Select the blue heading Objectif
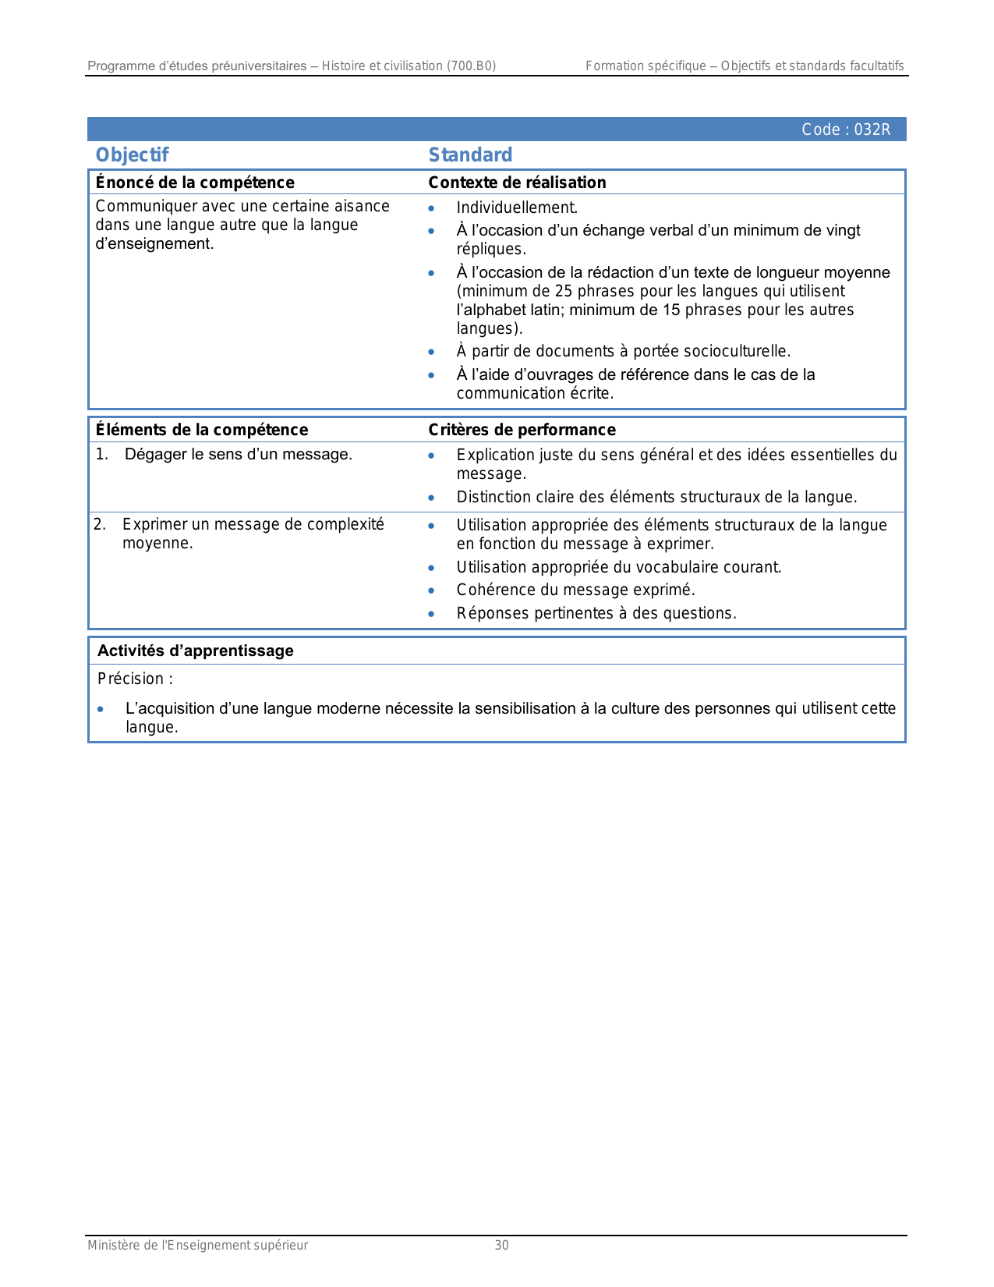click(x=132, y=155)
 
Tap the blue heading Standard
click(x=470, y=155)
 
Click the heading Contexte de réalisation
click(x=517, y=183)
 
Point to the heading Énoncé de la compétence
click(x=195, y=183)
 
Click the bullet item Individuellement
click(x=517, y=208)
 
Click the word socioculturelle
click(x=737, y=352)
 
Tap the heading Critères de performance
click(x=522, y=430)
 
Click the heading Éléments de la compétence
click(x=201, y=430)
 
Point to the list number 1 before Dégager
click(x=101, y=455)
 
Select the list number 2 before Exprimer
click(x=99, y=524)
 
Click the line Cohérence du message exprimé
click(x=575, y=590)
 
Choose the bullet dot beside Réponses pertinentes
click(x=431, y=614)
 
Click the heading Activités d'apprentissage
click(x=195, y=651)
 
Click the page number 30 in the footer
click(x=501, y=1246)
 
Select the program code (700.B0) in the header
click(x=471, y=66)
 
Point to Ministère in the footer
click(x=115, y=1246)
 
